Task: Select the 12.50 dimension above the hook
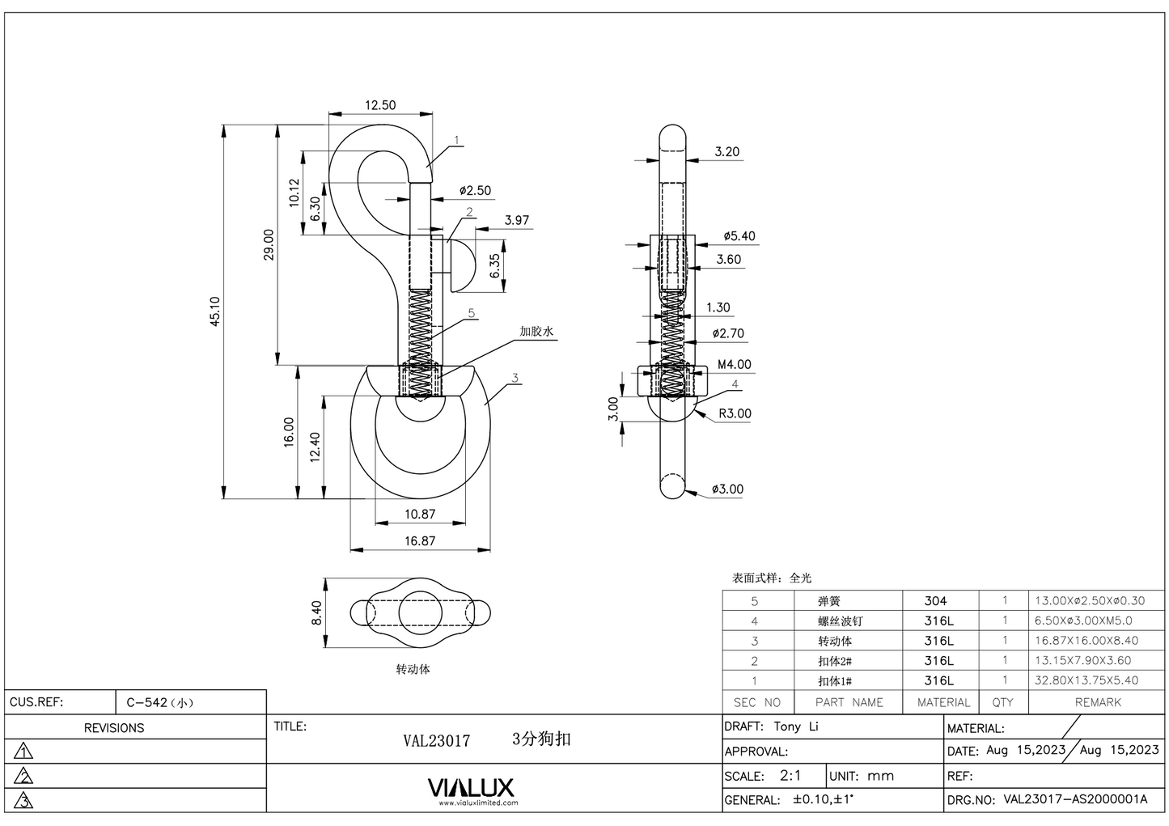pos(380,105)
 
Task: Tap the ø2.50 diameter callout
pos(475,191)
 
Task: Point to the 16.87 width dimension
pos(419,540)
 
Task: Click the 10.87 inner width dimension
pos(419,514)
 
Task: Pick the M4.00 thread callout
pos(734,365)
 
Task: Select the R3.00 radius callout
pos(735,413)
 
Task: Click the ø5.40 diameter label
pos(739,236)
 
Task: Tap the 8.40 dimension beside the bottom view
pos(316,612)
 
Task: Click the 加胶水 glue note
pos(537,332)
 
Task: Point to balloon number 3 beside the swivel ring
pos(515,378)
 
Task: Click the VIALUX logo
pos(470,788)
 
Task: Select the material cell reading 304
pos(935,601)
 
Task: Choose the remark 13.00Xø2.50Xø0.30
pos(1090,601)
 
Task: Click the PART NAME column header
pos(849,702)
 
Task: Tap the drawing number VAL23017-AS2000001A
pos(1075,799)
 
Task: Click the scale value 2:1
pos(790,775)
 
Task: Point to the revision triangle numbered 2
pos(24,777)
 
